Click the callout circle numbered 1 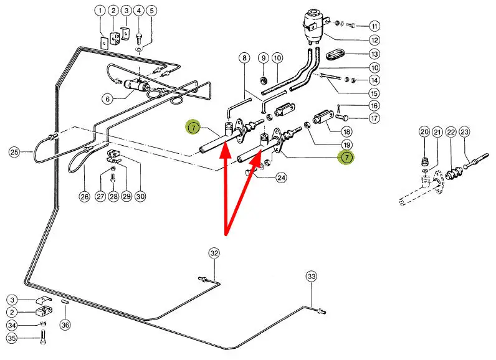tap(100, 11)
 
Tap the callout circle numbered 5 tap(152, 11)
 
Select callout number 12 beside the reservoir tap(374, 40)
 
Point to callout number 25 tap(14, 151)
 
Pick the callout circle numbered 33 tap(311, 277)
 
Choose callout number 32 tap(214, 253)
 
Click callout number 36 tap(65, 324)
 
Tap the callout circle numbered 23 tap(465, 132)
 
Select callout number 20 tap(424, 132)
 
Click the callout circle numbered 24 tap(282, 178)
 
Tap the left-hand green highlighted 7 tap(194, 128)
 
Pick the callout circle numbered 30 tap(140, 197)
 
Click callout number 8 tap(244, 58)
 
